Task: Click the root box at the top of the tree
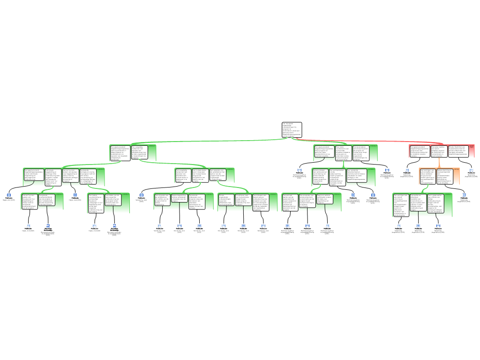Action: click(292, 129)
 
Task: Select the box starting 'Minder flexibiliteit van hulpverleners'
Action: click(458, 150)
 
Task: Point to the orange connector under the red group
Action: click(439, 162)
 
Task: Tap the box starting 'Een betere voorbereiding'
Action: click(96, 203)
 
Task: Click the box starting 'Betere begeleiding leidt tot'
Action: click(180, 199)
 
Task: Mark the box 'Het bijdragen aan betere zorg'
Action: click(261, 202)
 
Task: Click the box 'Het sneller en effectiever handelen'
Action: click(418, 202)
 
